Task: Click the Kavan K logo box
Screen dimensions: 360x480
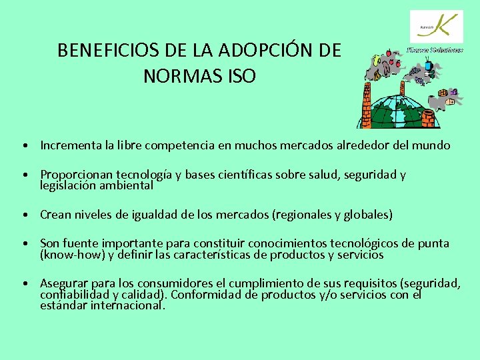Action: [435, 27]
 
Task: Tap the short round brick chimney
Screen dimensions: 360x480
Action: [428, 119]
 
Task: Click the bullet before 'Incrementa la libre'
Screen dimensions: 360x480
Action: [23, 145]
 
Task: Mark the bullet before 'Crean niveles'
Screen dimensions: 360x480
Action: [23, 215]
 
